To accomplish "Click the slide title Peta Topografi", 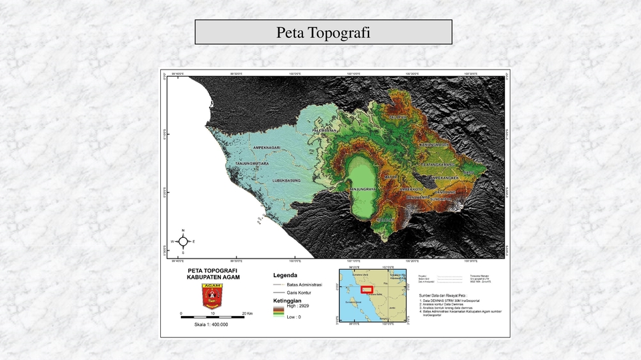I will [x=323, y=33].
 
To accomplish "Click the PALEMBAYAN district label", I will [x=326, y=130].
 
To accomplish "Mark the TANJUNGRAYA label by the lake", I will [x=363, y=189].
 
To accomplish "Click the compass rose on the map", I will [x=183, y=241].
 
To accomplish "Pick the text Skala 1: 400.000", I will [x=211, y=325].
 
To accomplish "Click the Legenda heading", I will [x=285, y=275].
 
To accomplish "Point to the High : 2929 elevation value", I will [x=298, y=305].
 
